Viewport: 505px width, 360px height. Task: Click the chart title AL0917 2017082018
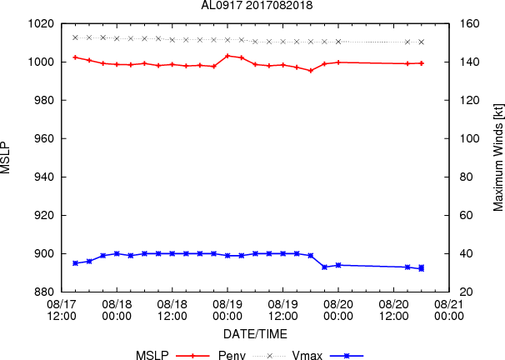point(257,5)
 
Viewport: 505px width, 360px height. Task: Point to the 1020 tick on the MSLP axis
point(41,24)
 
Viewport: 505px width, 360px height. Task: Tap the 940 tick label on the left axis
point(44,177)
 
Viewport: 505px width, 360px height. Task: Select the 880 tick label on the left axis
point(44,292)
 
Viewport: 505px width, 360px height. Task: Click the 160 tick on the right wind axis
point(469,24)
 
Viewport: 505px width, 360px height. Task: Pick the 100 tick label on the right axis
point(469,139)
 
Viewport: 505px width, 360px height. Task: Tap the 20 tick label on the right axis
point(466,292)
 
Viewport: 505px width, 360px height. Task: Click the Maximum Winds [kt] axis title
point(497,157)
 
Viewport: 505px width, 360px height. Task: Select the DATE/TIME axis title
point(255,334)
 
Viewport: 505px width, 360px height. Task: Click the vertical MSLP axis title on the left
point(5,157)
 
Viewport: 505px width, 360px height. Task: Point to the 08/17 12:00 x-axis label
point(62,310)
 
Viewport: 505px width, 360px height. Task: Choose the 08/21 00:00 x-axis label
point(449,310)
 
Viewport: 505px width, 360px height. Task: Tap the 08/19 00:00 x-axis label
point(227,310)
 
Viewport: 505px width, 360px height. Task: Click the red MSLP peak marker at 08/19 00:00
point(227,56)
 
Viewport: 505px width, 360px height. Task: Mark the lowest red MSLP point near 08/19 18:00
point(311,71)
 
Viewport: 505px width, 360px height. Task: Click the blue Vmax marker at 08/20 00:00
point(338,265)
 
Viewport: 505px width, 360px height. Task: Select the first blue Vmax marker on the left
point(75,263)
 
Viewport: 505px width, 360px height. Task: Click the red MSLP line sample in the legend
point(193,356)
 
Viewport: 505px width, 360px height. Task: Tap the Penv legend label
point(232,356)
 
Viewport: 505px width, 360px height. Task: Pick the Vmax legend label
point(307,356)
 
